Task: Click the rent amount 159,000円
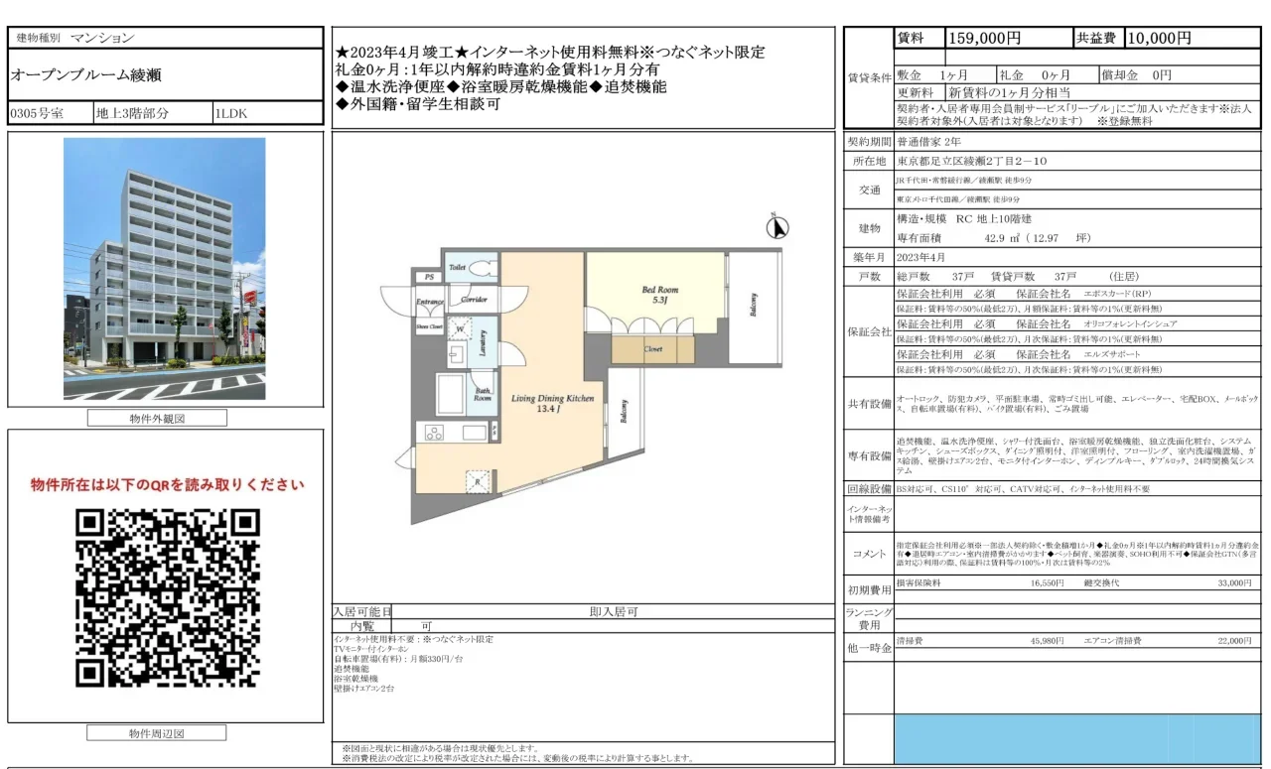(x=985, y=39)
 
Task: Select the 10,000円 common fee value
(x=1159, y=39)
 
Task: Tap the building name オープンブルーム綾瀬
(x=86, y=75)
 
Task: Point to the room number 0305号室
(x=37, y=113)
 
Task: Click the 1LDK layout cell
(x=231, y=113)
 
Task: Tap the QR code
(x=167, y=598)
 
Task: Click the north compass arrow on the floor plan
(x=779, y=228)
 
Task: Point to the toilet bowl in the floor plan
(x=481, y=268)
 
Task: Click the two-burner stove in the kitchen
(x=434, y=432)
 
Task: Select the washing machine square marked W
(x=461, y=327)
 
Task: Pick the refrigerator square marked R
(x=479, y=482)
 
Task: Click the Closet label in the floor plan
(x=652, y=349)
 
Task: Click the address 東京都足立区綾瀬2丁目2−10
(x=972, y=161)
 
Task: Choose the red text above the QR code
(x=167, y=485)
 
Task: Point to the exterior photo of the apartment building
(x=165, y=270)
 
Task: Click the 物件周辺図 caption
(x=157, y=734)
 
